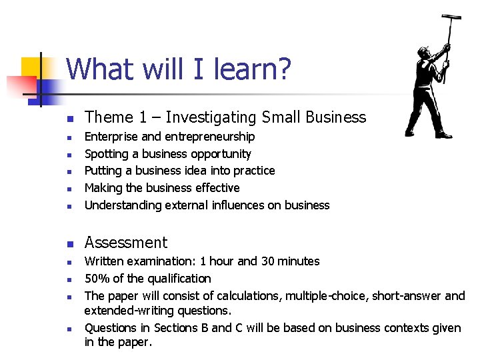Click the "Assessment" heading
point(126,243)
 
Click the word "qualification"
point(180,279)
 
